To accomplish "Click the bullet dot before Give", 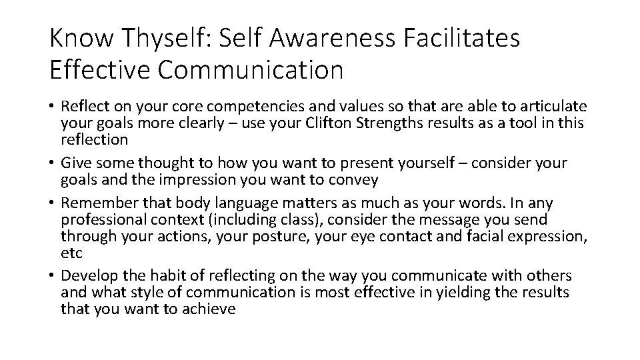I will pyautogui.click(x=52, y=163).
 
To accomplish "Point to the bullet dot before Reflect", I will pyautogui.click(x=52, y=107).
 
